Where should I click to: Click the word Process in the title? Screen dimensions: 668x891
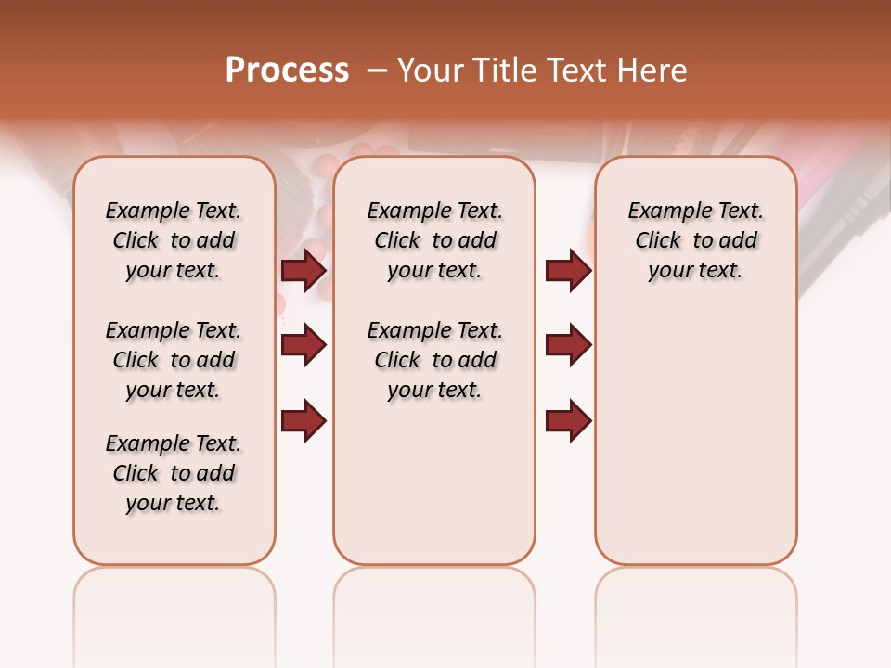click(287, 71)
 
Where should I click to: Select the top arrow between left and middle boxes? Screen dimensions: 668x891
click(303, 271)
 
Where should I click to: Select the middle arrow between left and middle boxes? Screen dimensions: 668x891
click(303, 346)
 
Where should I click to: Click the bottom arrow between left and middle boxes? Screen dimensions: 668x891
click(303, 420)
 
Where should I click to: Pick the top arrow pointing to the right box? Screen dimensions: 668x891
click(568, 271)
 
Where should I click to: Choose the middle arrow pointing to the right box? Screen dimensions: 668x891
click(568, 346)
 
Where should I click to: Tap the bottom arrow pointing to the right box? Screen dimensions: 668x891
click(568, 420)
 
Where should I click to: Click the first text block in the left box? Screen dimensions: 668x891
click(174, 240)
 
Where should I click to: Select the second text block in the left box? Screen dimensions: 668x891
click(174, 360)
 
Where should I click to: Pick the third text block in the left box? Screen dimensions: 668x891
click(174, 473)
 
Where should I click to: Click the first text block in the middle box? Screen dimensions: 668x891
click(434, 240)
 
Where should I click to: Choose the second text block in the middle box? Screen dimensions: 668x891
click(434, 360)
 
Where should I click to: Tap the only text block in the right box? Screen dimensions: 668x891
click(695, 240)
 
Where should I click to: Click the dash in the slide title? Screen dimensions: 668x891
click(377, 71)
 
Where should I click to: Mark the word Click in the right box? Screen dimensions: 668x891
click(658, 241)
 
